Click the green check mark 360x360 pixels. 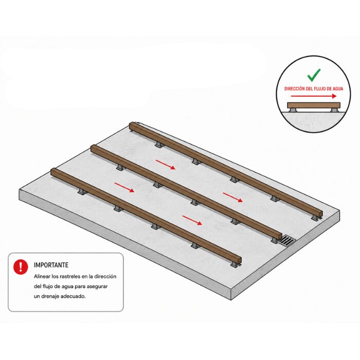[x=314, y=75]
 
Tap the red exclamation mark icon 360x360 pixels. [x=21, y=267]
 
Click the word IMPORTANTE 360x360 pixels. [x=51, y=265]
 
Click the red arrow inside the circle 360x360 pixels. [x=314, y=96]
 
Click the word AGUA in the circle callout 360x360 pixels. [x=338, y=88]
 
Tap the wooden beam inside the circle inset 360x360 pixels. [x=314, y=105]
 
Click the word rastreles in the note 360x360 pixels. [x=70, y=277]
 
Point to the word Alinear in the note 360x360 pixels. [x=42, y=277]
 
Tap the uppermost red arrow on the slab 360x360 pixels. [x=166, y=165]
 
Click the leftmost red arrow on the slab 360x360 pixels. [x=124, y=187]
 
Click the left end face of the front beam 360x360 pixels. [x=52, y=172]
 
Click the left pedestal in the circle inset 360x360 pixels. [x=293, y=110]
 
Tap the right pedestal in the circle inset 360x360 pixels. [x=334, y=110]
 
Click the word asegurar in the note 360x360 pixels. [x=97, y=286]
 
